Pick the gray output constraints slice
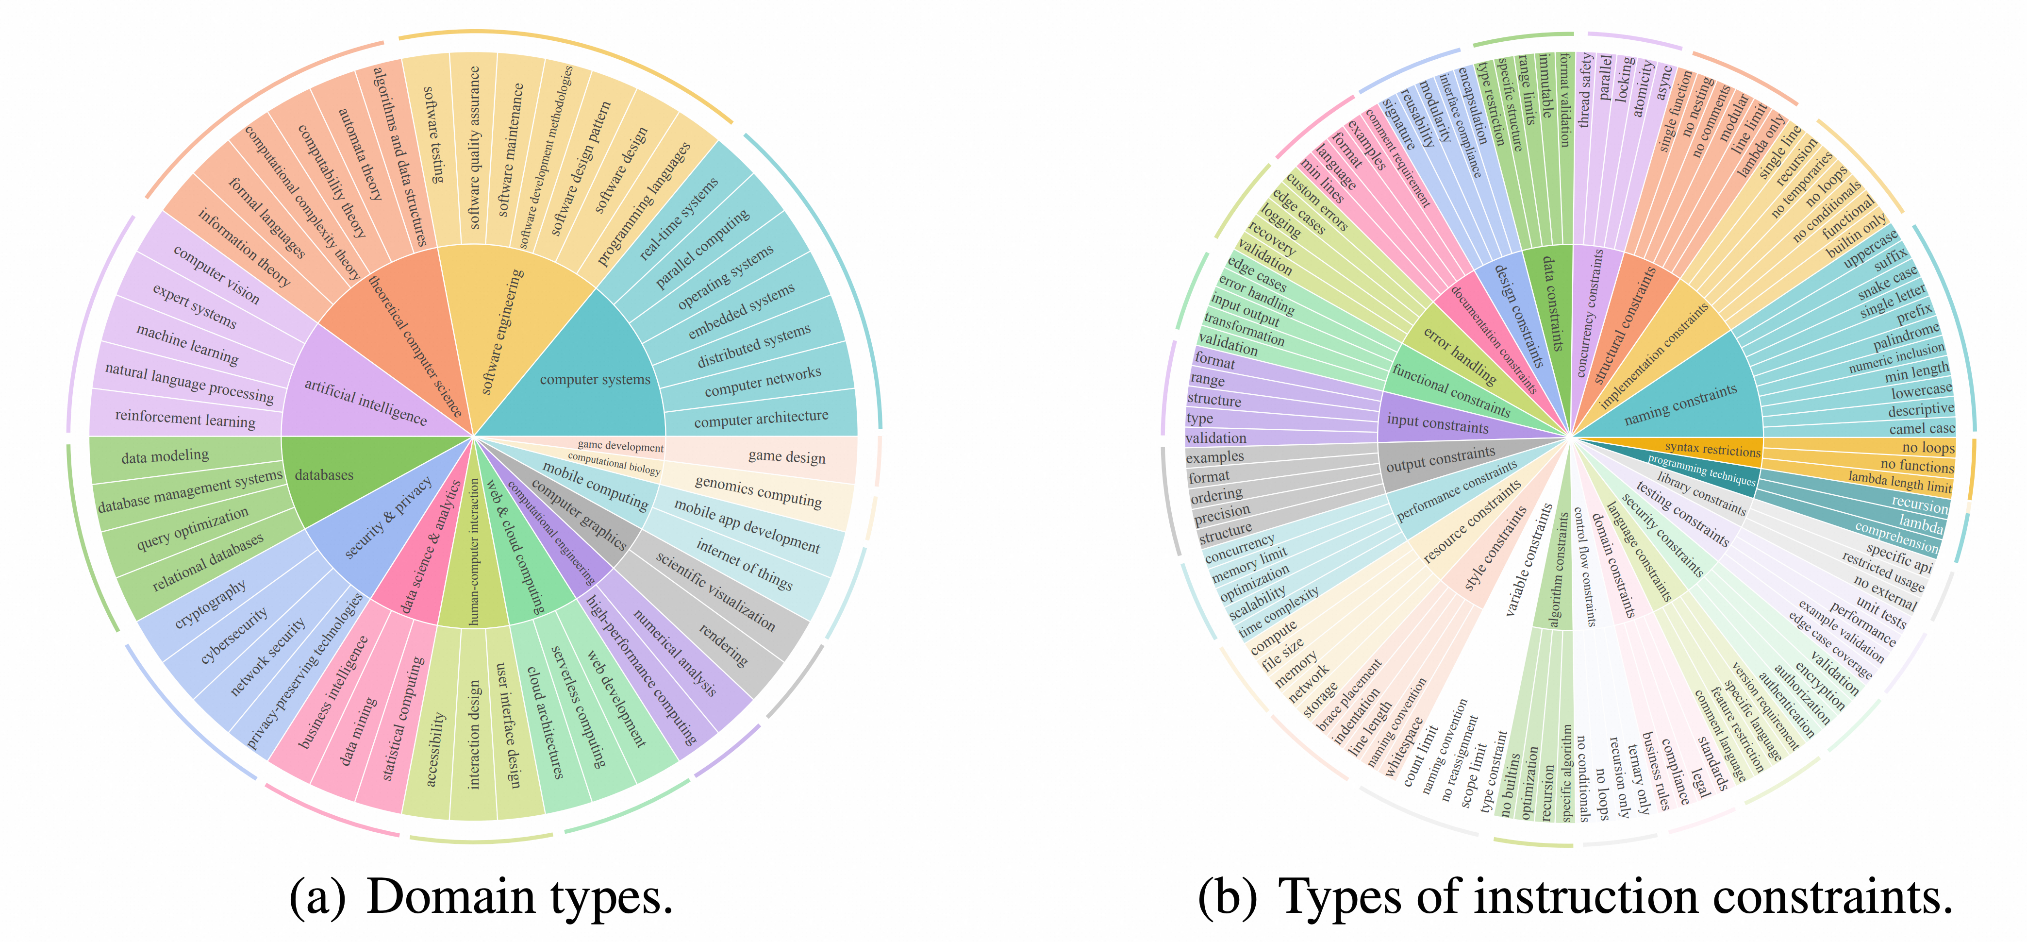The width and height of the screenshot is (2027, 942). point(1440,459)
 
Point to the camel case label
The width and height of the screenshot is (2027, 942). point(1922,428)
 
